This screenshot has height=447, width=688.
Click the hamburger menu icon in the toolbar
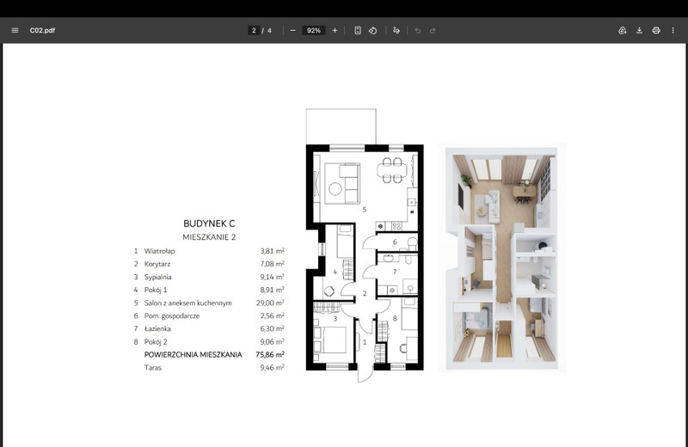[15, 30]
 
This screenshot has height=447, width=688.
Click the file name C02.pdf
[42, 30]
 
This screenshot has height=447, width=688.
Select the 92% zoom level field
[314, 30]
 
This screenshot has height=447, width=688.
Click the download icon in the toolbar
[639, 30]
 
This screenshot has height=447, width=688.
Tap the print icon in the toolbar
[656, 30]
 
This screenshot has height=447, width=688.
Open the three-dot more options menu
[673, 30]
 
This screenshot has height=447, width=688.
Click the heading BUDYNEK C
[209, 223]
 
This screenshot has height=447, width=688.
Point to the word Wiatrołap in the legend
[159, 251]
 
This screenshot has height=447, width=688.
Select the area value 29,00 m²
[270, 303]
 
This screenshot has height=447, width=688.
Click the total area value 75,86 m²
[270, 354]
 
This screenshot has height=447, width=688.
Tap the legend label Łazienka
[157, 328]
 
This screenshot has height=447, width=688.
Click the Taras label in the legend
[153, 368]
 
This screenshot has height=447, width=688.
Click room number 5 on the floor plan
[365, 210]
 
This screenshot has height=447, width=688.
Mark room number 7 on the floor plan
[395, 272]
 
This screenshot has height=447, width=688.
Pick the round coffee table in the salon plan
[335, 189]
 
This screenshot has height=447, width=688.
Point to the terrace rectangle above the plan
[341, 126]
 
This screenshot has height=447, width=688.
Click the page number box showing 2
[254, 30]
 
